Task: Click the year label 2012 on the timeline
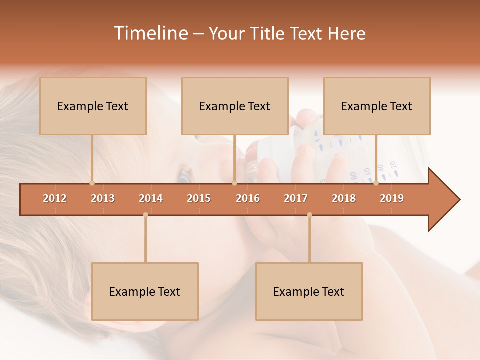[x=55, y=198]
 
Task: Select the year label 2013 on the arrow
[x=103, y=198]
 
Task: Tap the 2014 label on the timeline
[x=151, y=198]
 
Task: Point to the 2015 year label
[x=199, y=198]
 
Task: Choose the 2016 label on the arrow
[x=248, y=198]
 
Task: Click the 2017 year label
[x=296, y=198]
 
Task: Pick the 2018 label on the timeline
[x=344, y=198]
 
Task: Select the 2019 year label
[x=392, y=198]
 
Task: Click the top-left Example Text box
[x=93, y=106]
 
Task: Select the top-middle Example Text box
[x=235, y=106]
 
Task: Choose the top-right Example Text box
[x=377, y=106]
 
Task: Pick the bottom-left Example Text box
[x=145, y=291]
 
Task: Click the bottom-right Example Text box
[x=309, y=291]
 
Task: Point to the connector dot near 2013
[x=92, y=183]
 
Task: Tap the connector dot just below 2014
[x=145, y=215]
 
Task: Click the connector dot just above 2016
[x=235, y=183]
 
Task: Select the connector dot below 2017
[x=309, y=215]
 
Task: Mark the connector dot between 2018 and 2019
[x=376, y=183]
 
